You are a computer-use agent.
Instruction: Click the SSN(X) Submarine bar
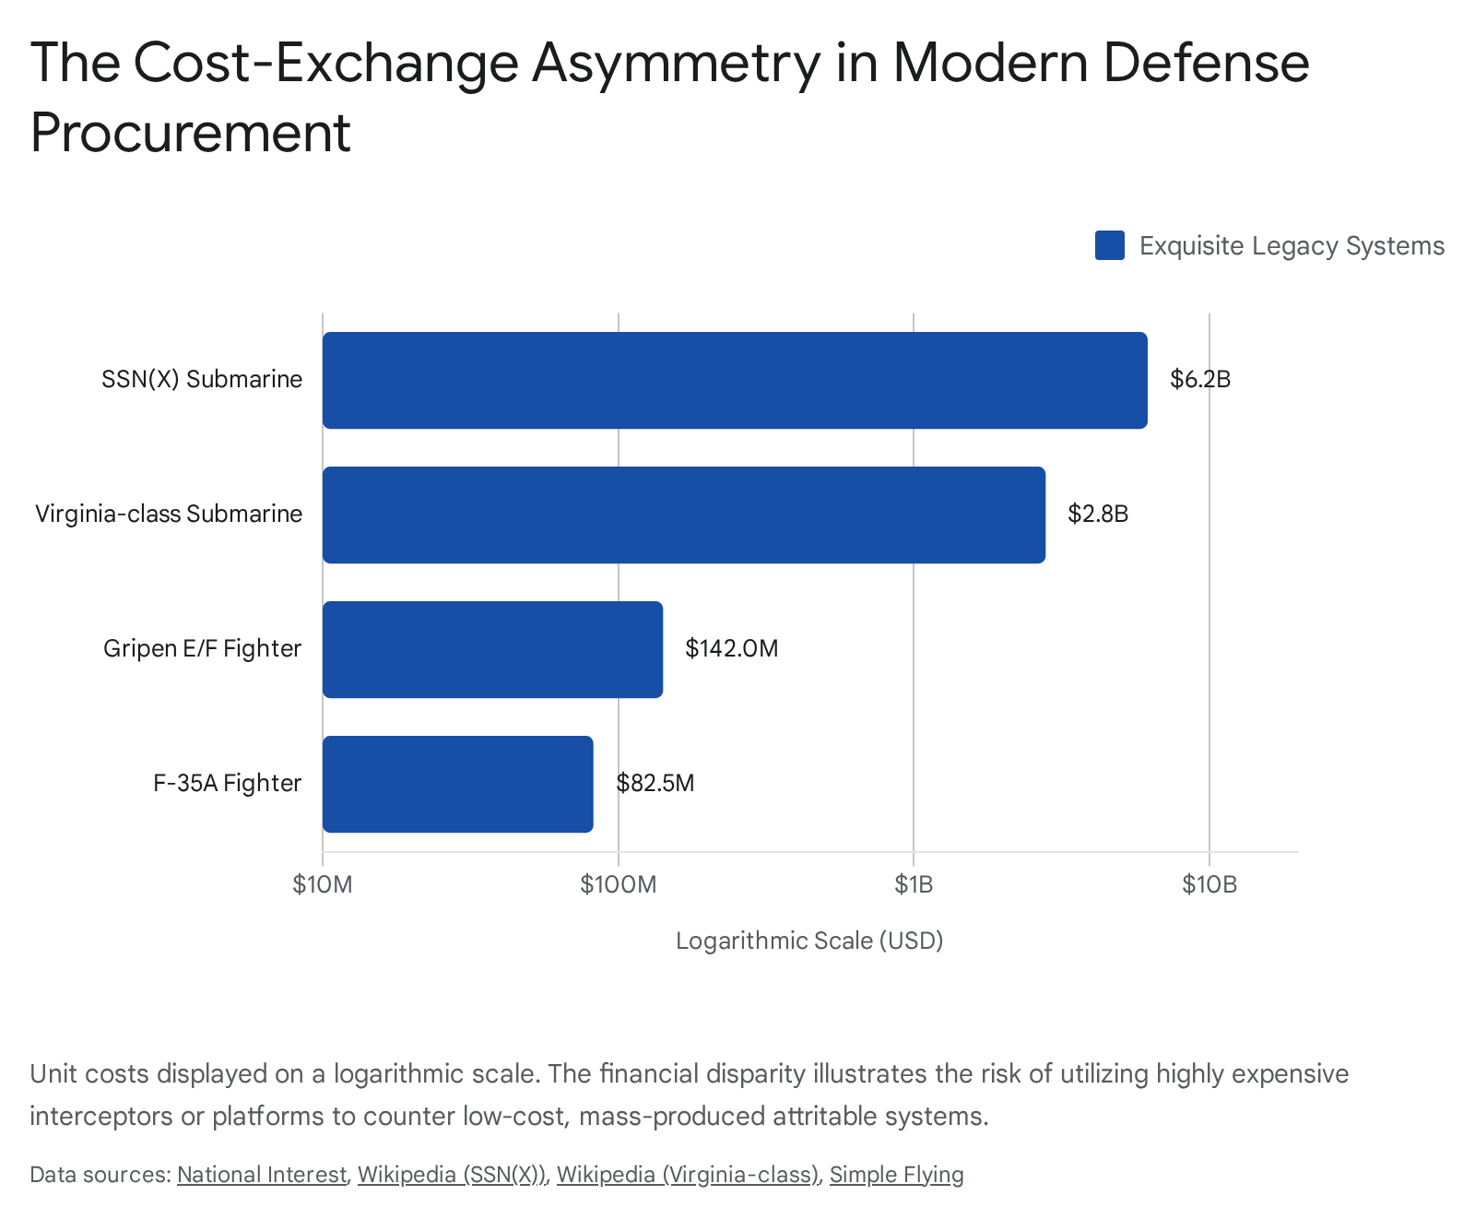(x=735, y=380)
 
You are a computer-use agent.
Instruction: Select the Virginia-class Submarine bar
(x=683, y=515)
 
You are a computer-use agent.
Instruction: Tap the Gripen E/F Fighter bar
(x=492, y=649)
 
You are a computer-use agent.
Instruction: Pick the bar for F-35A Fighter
(x=457, y=784)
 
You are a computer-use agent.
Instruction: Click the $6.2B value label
(x=1199, y=380)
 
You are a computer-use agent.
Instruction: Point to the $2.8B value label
(x=1097, y=515)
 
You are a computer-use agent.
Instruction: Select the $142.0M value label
(x=731, y=649)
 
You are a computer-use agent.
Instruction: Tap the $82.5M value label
(x=655, y=784)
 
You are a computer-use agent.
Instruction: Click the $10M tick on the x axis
(x=323, y=885)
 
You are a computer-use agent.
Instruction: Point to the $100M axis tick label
(x=618, y=885)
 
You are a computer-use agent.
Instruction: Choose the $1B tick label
(x=914, y=885)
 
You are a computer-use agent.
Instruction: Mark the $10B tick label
(x=1209, y=885)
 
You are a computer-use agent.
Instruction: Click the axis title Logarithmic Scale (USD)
(x=809, y=941)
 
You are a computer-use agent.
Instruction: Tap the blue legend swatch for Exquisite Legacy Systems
(x=1109, y=245)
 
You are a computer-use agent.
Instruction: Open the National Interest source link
(x=261, y=1175)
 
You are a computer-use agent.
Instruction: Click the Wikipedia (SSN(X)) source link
(x=452, y=1175)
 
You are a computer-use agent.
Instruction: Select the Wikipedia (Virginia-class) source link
(x=687, y=1175)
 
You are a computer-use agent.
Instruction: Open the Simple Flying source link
(x=896, y=1175)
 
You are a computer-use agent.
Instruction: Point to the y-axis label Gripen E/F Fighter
(x=202, y=649)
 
